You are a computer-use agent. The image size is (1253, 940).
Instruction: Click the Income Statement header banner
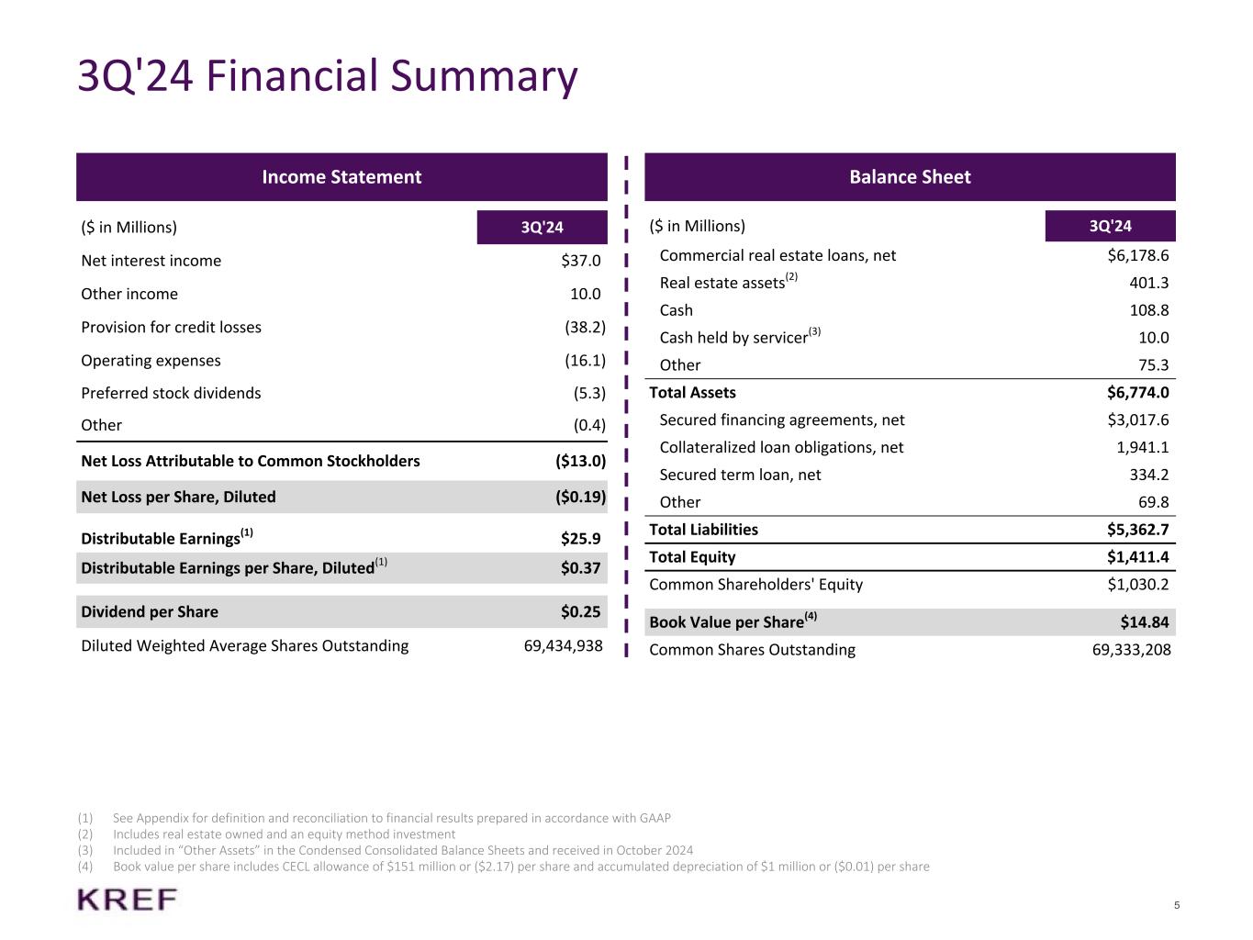[x=341, y=177]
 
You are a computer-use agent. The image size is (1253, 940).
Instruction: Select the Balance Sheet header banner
[x=910, y=177]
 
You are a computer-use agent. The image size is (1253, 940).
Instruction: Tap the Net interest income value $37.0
[x=581, y=261]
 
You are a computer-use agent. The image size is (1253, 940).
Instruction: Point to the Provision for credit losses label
[x=171, y=328]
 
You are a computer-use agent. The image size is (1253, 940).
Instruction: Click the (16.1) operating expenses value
[x=585, y=361]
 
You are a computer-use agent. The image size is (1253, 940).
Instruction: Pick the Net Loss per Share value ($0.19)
[x=580, y=498]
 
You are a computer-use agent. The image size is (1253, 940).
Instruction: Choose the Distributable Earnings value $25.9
[x=581, y=539]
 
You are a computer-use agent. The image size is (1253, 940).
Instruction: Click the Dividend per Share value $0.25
[x=581, y=612]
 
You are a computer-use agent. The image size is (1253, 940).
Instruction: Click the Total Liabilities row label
[x=703, y=530]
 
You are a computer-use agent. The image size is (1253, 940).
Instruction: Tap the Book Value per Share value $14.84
[x=1145, y=622]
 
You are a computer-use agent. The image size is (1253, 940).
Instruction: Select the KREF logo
[x=128, y=900]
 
